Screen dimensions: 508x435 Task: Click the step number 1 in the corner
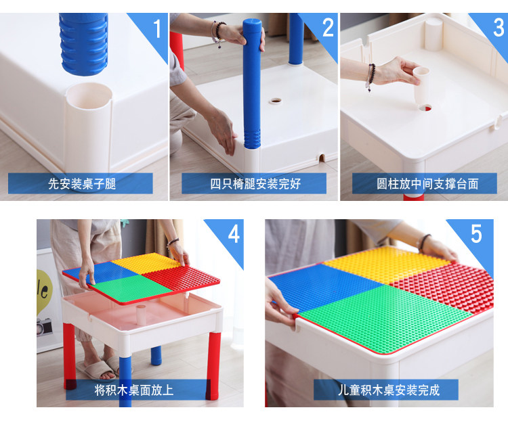pos(157,28)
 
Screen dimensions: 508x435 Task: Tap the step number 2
pos(328,28)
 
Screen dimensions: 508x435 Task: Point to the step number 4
pos(234,233)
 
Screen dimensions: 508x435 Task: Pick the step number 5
pos(476,233)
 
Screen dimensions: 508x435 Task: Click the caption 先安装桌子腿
pos(82,184)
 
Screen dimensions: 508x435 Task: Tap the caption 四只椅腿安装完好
pos(255,184)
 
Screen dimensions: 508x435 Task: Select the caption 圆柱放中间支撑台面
pos(427,184)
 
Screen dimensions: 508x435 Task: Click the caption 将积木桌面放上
pos(134,390)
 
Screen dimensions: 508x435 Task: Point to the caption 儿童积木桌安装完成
pos(389,390)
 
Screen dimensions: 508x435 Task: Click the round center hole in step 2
pos(276,101)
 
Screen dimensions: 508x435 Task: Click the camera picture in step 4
pos(45,326)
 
